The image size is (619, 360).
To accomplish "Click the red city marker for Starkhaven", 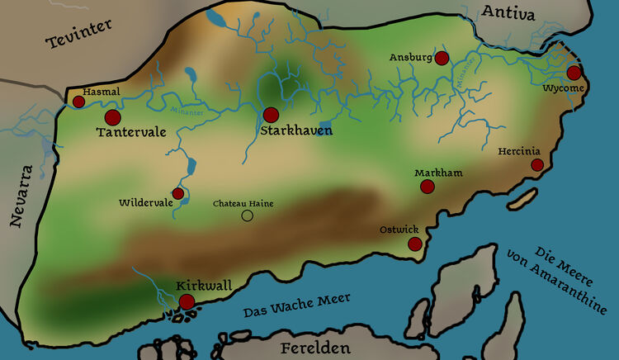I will coord(271,115).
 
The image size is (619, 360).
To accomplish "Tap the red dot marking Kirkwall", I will coord(187,302).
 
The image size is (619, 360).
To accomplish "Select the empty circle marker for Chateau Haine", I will coord(246,216).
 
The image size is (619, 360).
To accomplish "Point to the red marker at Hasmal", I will coord(78,102).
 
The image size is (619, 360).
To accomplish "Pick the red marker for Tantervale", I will coord(112,118).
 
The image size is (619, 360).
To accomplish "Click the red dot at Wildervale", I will coord(178,193).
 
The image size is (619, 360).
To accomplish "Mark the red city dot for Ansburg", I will coord(442,58).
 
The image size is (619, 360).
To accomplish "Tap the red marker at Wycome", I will coord(574,73).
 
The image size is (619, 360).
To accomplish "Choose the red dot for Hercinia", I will coord(536,165).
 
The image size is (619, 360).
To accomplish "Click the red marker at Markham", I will coord(428,187).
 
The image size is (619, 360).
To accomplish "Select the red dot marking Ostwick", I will coord(414,244).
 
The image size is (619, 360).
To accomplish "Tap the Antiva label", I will coord(508,13).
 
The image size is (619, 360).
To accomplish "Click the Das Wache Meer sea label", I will coord(297,306).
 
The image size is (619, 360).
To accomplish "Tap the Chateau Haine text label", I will coord(243,203).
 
